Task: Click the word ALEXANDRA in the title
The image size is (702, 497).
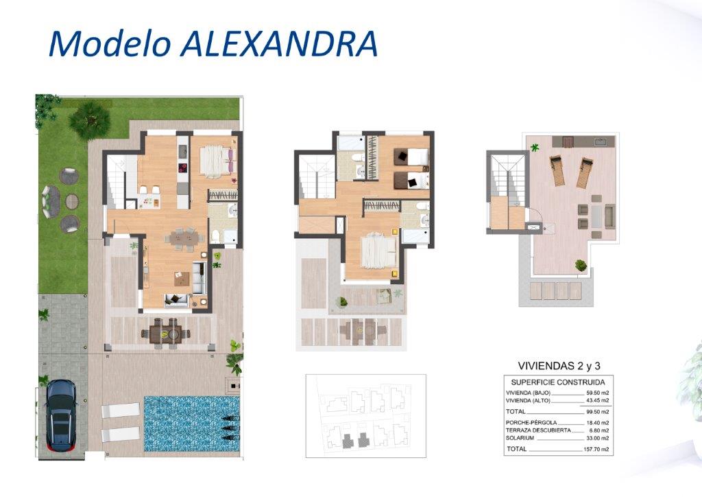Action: (279, 44)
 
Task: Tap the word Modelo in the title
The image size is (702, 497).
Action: (110, 44)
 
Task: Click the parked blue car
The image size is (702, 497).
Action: (60, 415)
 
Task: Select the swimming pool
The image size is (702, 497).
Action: (192, 424)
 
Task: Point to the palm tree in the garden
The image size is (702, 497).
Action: (90, 119)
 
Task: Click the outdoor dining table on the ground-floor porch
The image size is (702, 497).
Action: (166, 333)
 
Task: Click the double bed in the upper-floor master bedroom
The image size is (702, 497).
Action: (378, 253)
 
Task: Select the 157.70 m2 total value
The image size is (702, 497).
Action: (596, 449)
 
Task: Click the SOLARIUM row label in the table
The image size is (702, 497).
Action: (520, 438)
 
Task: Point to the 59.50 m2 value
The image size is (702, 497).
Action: (598, 393)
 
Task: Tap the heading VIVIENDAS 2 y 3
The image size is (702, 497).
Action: (559, 366)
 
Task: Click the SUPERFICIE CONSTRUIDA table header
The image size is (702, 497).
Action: (558, 382)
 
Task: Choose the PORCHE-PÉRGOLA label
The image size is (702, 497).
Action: (531, 423)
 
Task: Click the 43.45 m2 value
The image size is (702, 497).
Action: (598, 400)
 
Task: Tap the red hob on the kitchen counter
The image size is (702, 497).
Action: (184, 168)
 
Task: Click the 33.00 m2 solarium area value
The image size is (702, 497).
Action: (598, 438)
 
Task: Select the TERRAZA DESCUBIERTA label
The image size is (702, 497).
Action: (538, 430)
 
